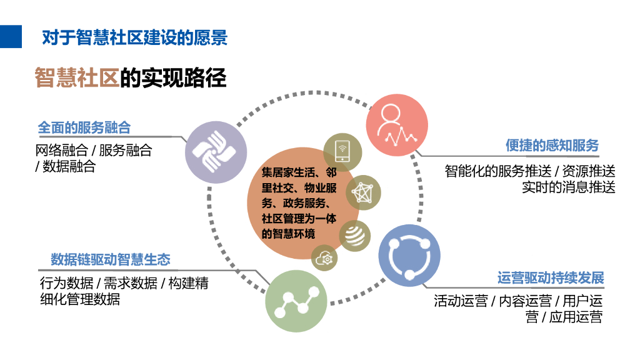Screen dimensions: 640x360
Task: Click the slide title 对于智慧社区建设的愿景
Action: (134, 37)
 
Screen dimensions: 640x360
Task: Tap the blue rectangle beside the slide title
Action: (11, 37)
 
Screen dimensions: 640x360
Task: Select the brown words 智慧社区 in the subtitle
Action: (77, 78)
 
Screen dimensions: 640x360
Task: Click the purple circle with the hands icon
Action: (214, 152)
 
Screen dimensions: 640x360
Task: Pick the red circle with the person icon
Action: (396, 124)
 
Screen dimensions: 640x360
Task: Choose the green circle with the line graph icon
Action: (296, 301)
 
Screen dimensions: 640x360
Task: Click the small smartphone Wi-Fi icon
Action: (342, 150)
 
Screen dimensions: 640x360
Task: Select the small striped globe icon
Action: (354, 236)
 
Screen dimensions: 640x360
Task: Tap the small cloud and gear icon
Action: (326, 257)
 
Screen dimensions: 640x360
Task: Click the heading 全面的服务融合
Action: (84, 127)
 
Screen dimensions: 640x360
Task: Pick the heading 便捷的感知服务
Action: (552, 146)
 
